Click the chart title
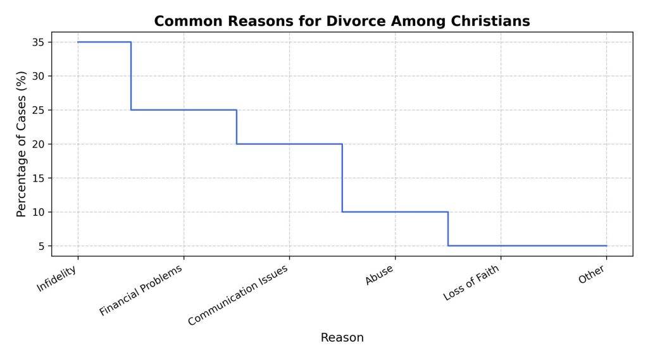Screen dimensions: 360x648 342,21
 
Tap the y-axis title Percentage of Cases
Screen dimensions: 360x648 22,144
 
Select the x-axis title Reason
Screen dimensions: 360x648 342,337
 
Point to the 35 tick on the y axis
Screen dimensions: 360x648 39,42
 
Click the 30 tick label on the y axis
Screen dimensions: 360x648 39,76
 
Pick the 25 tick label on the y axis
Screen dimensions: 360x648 39,110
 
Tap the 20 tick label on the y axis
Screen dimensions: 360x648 39,144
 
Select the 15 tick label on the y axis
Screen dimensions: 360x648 39,178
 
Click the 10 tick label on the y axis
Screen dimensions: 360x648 39,212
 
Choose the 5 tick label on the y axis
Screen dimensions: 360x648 42,245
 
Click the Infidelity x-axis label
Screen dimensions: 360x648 58,278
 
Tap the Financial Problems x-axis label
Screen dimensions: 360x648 142,290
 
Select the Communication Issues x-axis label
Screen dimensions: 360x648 239,295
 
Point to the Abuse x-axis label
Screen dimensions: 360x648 380,276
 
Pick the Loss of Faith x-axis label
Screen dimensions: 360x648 471,283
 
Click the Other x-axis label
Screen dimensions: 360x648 592,275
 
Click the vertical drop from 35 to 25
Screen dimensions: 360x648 131,76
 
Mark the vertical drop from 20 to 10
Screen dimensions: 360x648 342,178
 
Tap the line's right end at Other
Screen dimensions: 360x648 606,245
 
